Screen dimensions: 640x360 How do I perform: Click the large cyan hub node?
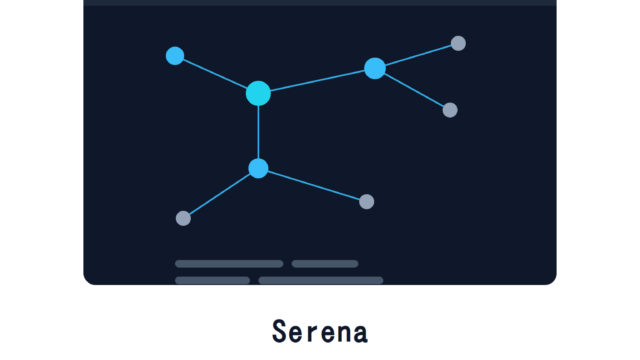pyautogui.click(x=258, y=93)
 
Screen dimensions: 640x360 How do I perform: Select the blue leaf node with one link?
pyautogui.click(x=175, y=56)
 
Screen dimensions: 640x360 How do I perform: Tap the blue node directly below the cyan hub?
pyautogui.click(x=258, y=169)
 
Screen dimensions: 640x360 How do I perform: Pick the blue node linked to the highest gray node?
pyautogui.click(x=375, y=68)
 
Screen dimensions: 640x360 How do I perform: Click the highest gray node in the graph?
pyautogui.click(x=458, y=43)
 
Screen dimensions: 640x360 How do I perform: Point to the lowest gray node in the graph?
pyautogui.click(x=183, y=218)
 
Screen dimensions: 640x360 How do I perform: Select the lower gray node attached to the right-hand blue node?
pyautogui.click(x=450, y=110)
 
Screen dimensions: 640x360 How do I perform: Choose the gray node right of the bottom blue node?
pyautogui.click(x=367, y=202)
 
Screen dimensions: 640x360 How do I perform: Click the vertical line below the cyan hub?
pyautogui.click(x=258, y=132)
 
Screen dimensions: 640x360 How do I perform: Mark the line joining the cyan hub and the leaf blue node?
pyautogui.click(x=215, y=74)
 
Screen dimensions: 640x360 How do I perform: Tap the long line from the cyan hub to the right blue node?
pyautogui.click(x=317, y=80)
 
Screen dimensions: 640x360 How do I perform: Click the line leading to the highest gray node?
pyautogui.click(x=418, y=55)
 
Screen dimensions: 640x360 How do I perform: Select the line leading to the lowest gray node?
pyautogui.click(x=220, y=194)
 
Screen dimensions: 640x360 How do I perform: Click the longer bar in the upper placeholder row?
pyautogui.click(x=229, y=264)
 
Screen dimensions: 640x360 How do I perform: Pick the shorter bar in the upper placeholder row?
pyautogui.click(x=325, y=264)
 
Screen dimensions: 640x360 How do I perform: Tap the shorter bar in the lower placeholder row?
pyautogui.click(x=212, y=280)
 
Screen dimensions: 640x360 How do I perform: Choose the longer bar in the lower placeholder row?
pyautogui.click(x=321, y=280)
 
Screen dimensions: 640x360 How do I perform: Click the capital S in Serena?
pyautogui.click(x=279, y=331)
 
